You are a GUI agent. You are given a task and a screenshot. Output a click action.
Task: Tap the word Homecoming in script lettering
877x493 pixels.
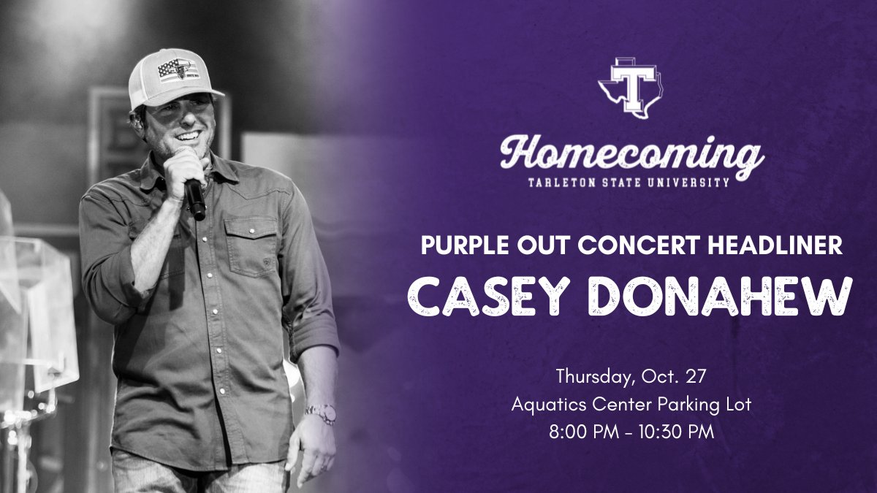coord(631,154)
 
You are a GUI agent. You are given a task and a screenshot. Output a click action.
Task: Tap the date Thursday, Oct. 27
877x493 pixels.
coord(631,377)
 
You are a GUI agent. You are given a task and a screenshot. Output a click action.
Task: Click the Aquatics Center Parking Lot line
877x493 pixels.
coord(631,404)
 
